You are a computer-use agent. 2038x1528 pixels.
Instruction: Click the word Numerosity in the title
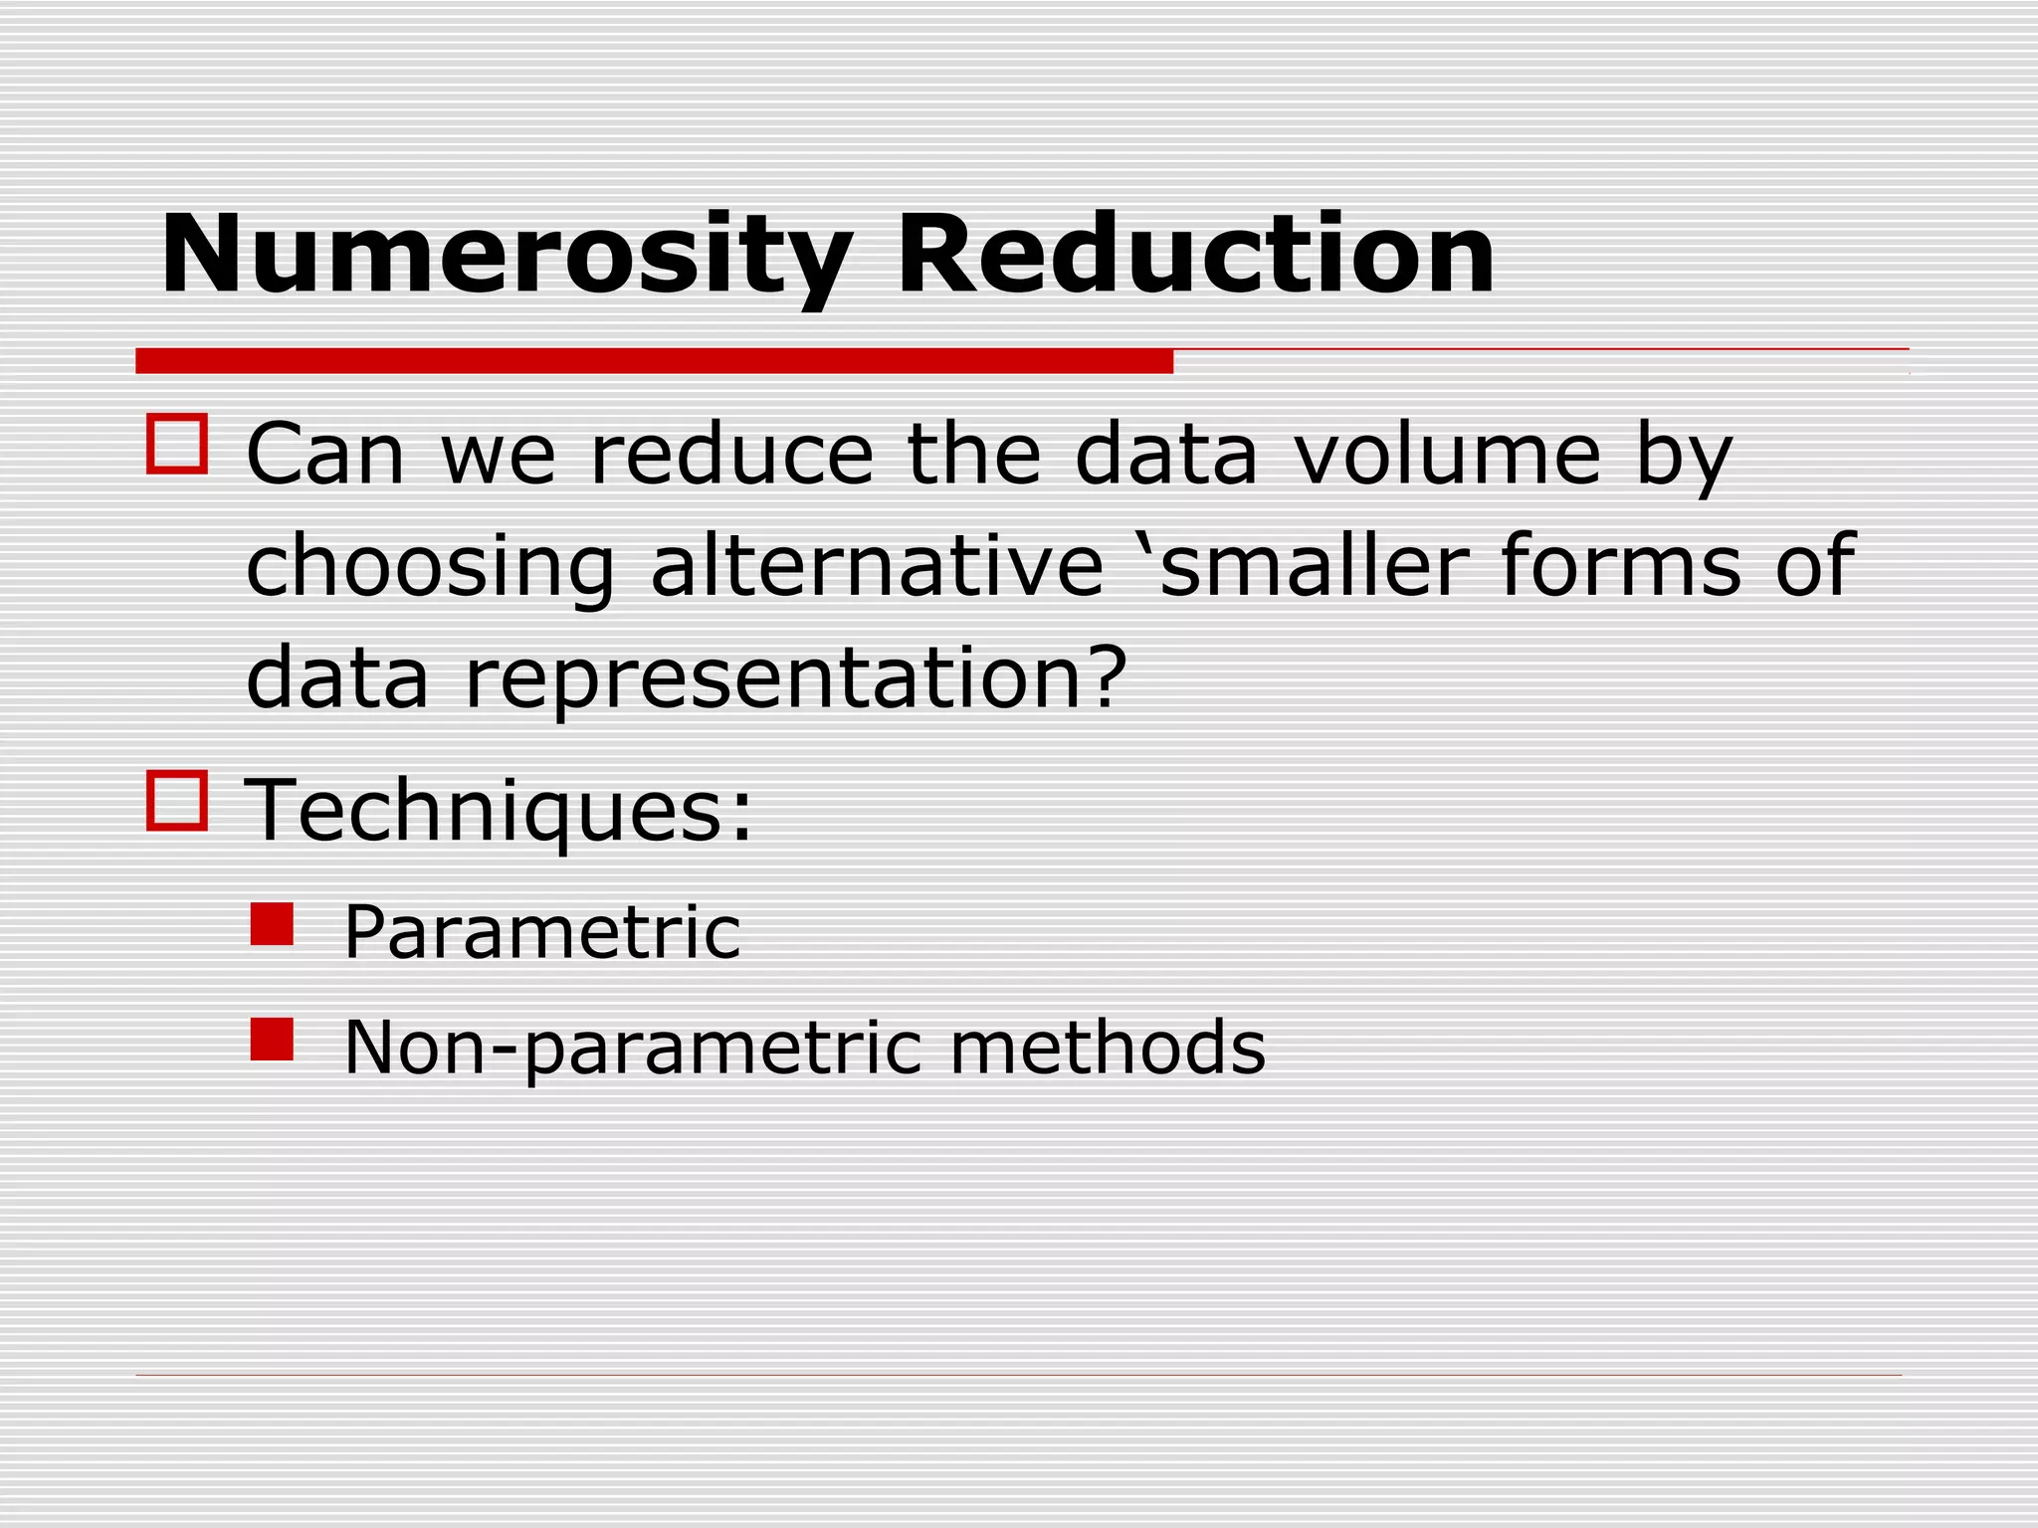(x=506, y=256)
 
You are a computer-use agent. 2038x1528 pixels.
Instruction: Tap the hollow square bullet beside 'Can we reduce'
(x=177, y=444)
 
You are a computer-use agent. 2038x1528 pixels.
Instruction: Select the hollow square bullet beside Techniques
(x=177, y=800)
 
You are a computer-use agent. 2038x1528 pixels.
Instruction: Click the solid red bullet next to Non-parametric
(x=272, y=1039)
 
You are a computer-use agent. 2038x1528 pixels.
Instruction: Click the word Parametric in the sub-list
(x=542, y=932)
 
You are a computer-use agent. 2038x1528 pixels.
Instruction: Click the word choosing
(x=430, y=567)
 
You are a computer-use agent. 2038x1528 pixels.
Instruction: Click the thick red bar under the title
(x=654, y=361)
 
